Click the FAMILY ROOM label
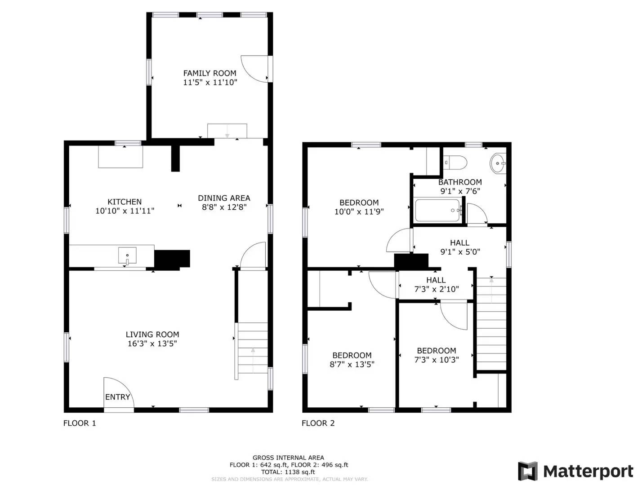(210, 73)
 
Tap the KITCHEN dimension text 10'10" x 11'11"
(125, 211)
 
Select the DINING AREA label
(224, 198)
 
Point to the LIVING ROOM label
(152, 335)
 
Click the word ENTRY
(117, 397)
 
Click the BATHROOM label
(460, 182)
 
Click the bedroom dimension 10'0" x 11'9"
(359, 212)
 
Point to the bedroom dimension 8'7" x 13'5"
(352, 364)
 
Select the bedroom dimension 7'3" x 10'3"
(436, 360)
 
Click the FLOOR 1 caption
(80, 423)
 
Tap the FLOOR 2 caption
(318, 423)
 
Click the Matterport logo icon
(528, 471)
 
